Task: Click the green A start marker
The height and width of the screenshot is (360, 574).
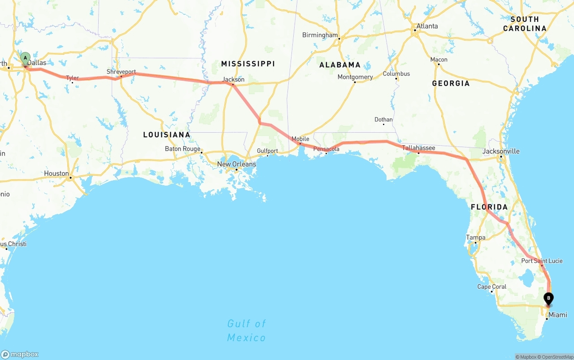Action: [26, 58]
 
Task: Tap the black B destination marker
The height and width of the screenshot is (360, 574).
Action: [548, 298]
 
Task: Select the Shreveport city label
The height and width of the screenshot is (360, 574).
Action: [121, 72]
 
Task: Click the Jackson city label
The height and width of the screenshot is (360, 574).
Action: [234, 80]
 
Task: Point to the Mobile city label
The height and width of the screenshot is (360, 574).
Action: [300, 139]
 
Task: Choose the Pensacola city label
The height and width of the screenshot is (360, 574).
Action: [326, 149]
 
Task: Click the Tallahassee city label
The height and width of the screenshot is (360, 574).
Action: [418, 147]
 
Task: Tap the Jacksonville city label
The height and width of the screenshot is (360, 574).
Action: [501, 151]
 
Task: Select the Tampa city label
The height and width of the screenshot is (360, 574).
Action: [475, 238]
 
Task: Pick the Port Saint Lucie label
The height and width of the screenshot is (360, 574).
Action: [542, 261]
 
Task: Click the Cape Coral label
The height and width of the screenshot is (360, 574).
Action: [491, 287]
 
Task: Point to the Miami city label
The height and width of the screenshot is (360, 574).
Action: [558, 315]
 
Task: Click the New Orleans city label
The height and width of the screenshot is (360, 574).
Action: [236, 164]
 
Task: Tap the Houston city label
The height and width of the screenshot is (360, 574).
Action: [57, 173]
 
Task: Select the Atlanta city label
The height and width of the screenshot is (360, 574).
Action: [427, 26]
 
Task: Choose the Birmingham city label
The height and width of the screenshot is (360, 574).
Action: [320, 35]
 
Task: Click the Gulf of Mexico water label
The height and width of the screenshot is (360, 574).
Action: [247, 330]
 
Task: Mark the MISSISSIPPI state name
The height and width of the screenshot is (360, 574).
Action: [248, 64]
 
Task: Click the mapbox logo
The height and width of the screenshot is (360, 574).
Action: [20, 354]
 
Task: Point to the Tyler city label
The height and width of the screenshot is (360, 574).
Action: [73, 78]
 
